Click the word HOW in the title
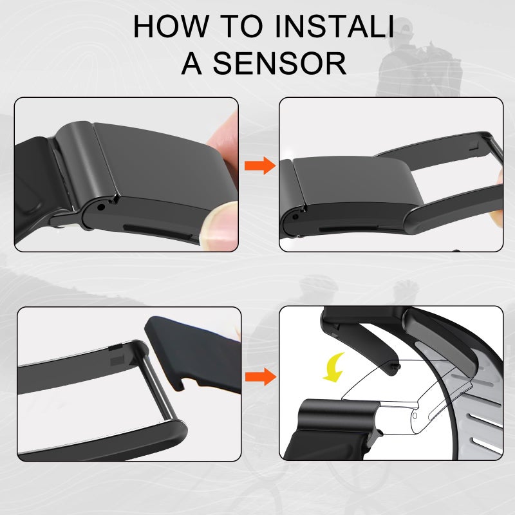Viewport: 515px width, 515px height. [171, 26]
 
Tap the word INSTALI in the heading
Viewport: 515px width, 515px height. [334, 26]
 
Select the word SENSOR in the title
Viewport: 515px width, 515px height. [279, 63]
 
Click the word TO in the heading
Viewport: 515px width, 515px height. [241, 26]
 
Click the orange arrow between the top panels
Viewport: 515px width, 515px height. [260, 165]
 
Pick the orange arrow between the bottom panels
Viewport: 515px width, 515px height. [261, 377]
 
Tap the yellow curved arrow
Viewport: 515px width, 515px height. [334, 367]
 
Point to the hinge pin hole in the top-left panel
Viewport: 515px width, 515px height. [101, 207]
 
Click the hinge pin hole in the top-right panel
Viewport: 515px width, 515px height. [295, 217]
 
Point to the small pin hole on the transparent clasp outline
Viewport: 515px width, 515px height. [415, 416]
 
